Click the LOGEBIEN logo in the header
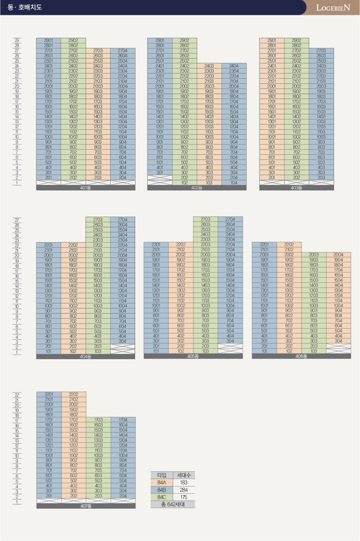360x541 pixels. (333, 8)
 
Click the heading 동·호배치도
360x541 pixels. (25, 7)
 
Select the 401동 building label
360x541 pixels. (85, 188)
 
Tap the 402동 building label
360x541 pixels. (197, 188)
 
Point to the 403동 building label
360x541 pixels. (297, 188)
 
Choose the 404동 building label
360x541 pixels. (85, 356)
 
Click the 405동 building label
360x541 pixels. (193, 356)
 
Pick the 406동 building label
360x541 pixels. (301, 356)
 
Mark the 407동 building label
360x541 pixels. (86, 506)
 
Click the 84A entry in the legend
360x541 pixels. (162, 482)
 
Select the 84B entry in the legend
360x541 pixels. (162, 490)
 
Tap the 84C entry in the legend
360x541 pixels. (162, 497)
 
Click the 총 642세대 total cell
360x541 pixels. (173, 504)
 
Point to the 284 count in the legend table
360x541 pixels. (184, 490)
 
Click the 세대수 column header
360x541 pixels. (184, 475)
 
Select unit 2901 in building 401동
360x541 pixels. (49, 41)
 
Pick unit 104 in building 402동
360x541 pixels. (234, 183)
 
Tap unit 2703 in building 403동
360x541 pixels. (321, 50)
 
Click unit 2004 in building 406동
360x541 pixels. (338, 255)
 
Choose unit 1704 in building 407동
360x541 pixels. (123, 419)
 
